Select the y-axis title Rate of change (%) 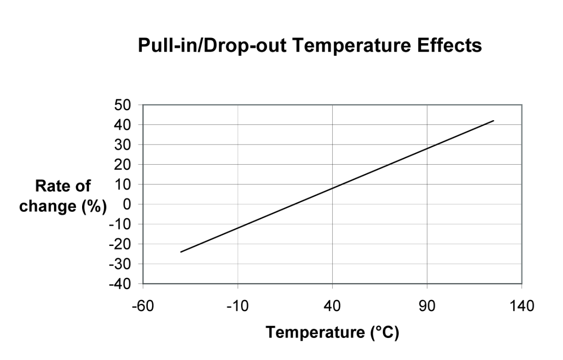coord(63,196)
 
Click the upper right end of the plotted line coord(494,121)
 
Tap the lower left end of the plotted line coord(181,252)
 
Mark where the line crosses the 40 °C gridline coord(332,189)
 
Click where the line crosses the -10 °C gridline coord(237,228)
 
